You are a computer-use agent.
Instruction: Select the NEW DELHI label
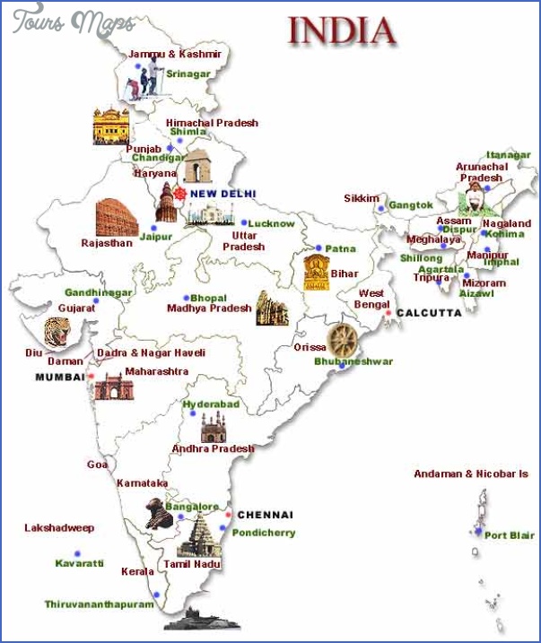coord(223,194)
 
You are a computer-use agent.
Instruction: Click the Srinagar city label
coord(188,74)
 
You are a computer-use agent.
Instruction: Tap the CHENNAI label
coord(265,515)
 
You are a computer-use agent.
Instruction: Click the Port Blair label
coord(509,534)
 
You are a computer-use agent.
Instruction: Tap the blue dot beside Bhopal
coord(187,298)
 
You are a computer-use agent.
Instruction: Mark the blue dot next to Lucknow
coord(243,222)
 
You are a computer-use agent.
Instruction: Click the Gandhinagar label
coord(98,292)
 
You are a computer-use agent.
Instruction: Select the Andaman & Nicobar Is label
coord(470,474)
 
